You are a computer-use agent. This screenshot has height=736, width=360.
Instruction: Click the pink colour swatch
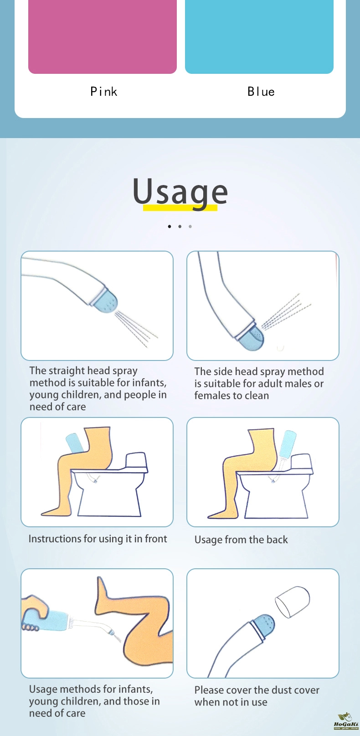(x=103, y=36)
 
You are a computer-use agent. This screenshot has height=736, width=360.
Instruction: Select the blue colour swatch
(x=259, y=36)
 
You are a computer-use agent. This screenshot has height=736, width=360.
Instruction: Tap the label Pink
(x=104, y=92)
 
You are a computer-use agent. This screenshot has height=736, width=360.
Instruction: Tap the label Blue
(x=261, y=92)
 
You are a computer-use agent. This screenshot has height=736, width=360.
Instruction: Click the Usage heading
(x=180, y=192)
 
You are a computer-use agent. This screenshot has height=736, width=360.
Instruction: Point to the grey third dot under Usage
(x=190, y=226)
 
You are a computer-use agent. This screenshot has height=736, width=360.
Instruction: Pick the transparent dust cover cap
(x=293, y=602)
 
